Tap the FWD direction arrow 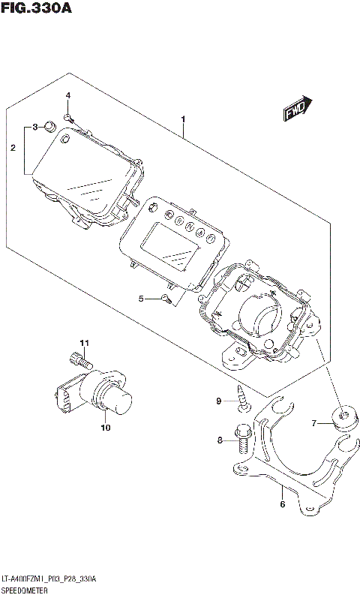(x=298, y=110)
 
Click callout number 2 (x=13, y=149)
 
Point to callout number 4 (x=67, y=95)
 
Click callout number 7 (x=316, y=423)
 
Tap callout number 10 (x=105, y=428)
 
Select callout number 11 (x=85, y=344)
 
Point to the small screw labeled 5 (x=166, y=300)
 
